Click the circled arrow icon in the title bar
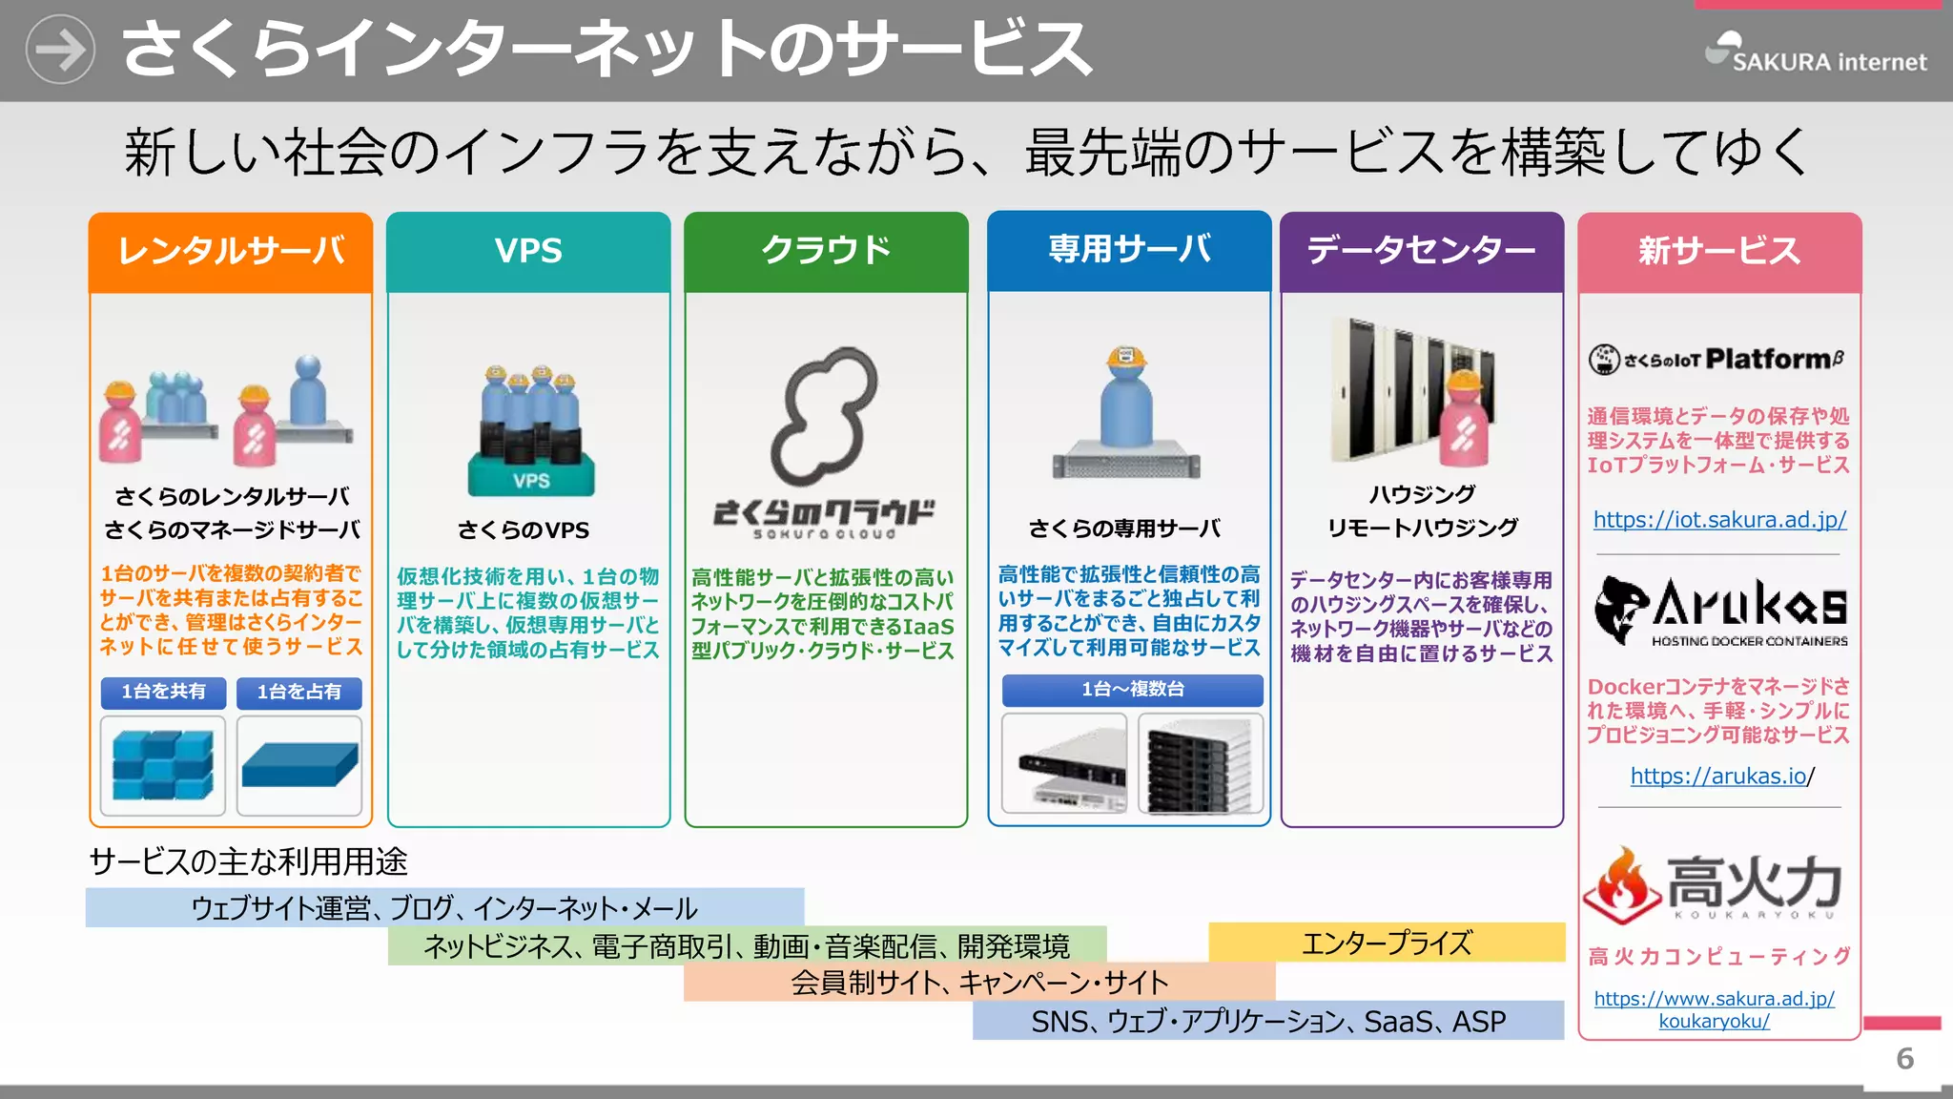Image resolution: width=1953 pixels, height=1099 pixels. coord(60,50)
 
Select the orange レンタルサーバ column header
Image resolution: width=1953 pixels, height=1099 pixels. coord(231,251)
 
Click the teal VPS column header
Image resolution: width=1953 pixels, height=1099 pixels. coord(528,251)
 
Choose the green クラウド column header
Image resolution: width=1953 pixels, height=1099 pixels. coord(826,251)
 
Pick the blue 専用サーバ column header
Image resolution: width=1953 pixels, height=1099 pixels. coord(1129,250)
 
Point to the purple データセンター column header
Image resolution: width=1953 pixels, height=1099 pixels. coord(1421,251)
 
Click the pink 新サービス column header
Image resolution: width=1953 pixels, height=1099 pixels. coord(1718,252)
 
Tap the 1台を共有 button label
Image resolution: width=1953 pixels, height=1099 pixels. coord(163,692)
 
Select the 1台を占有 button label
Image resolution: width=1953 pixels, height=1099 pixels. coord(298,692)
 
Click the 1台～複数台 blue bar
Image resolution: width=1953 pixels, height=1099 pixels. coord(1132,689)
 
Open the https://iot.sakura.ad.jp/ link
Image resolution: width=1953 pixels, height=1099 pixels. coord(1719,520)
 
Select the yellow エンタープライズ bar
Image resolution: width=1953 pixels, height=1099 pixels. coord(1386,943)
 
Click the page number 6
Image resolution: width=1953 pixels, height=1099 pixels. coord(1904,1059)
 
